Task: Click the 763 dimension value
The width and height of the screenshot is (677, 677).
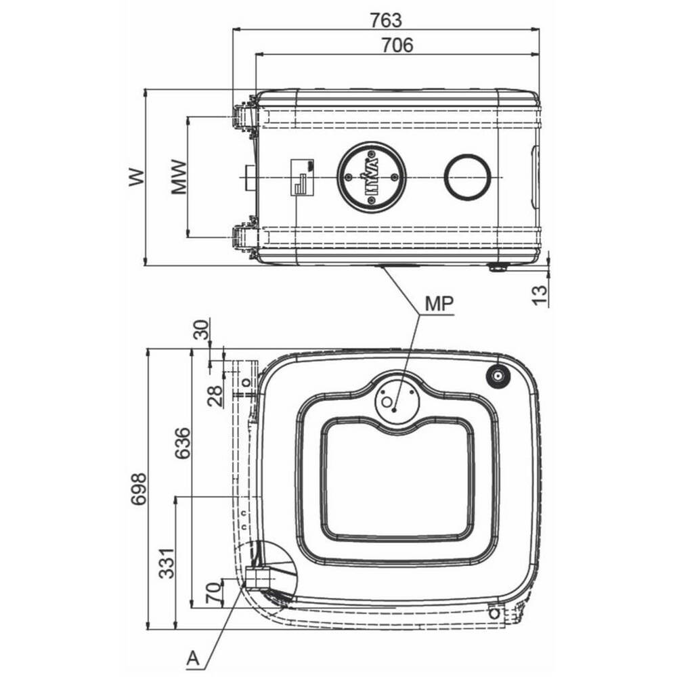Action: [x=386, y=20]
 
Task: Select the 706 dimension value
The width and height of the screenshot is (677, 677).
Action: [x=397, y=45]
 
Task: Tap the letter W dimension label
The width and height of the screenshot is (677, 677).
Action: [x=137, y=177]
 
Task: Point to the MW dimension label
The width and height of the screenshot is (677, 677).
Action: [x=179, y=177]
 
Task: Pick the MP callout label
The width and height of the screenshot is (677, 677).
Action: [x=439, y=303]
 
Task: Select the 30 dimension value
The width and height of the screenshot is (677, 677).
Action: [x=201, y=330]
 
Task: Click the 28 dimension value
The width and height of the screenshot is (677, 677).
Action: [x=215, y=395]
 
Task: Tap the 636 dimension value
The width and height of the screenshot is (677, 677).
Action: [x=181, y=443]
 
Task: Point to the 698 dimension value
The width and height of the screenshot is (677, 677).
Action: [x=139, y=489]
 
